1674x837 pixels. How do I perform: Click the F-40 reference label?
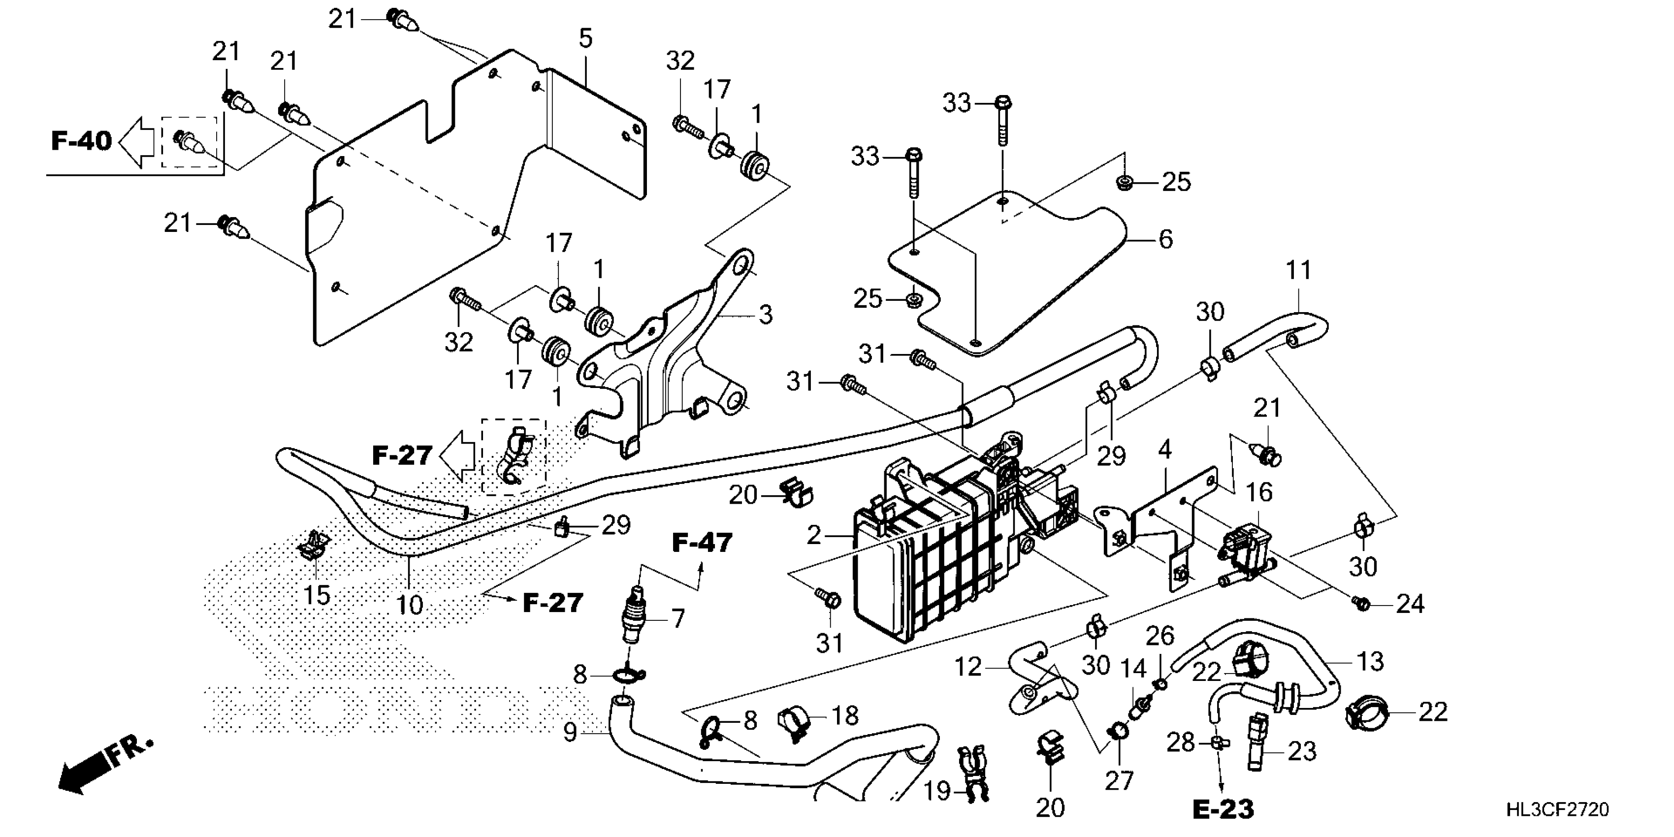81,140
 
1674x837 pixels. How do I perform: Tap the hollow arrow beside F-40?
138,142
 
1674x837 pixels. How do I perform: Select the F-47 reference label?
702,543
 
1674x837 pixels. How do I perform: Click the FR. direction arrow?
104,767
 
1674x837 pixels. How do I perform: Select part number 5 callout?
585,39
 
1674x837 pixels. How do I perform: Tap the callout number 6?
1166,240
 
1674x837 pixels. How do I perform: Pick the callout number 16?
1259,492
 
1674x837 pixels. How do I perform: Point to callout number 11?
1298,270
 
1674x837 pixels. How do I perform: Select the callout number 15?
317,595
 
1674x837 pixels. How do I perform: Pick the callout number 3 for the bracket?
766,315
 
